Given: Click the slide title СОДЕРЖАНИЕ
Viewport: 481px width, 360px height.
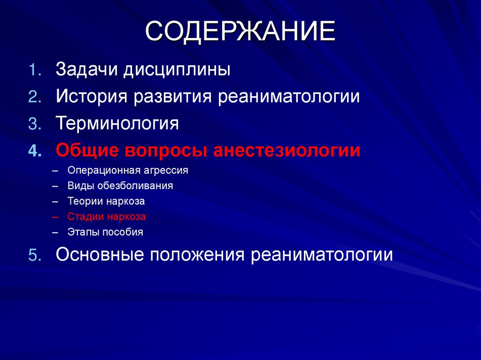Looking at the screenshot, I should tap(240, 32).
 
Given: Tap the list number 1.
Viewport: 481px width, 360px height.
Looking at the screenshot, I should tap(34, 70).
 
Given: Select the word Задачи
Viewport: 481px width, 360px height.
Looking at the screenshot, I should tap(87, 70).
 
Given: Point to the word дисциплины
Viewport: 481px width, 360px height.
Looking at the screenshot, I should tap(177, 71).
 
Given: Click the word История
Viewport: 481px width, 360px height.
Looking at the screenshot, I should tap(93, 97).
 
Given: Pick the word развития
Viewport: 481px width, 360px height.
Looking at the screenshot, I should tap(173, 97).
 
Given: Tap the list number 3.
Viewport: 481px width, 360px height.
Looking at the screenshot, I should tap(34, 124).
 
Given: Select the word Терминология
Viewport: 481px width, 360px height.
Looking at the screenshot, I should tap(117, 124).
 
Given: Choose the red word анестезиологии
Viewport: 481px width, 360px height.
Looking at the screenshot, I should tap(287, 151).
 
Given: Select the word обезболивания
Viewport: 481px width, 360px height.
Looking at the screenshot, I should tap(135, 186).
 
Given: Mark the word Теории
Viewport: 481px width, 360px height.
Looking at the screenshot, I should tap(82, 201).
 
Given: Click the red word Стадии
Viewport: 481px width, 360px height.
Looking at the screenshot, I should tap(83, 217).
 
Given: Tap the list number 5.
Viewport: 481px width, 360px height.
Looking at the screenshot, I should tap(34, 254).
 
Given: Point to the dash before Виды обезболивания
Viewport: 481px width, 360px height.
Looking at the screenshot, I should tap(56, 186).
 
